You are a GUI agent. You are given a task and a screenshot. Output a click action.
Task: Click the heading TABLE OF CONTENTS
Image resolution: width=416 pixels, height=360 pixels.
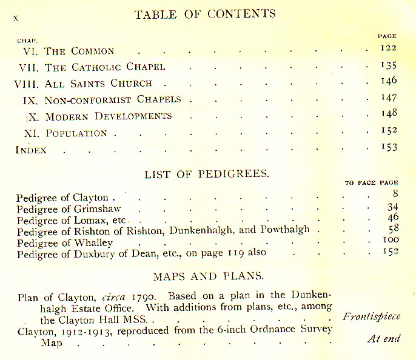[205, 14]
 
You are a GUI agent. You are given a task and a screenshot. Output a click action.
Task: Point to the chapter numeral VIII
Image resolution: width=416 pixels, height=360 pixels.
[26, 84]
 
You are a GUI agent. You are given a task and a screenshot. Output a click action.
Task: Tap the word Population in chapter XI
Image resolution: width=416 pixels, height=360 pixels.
[76, 133]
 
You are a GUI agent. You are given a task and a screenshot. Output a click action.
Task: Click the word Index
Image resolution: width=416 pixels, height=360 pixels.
[31, 150]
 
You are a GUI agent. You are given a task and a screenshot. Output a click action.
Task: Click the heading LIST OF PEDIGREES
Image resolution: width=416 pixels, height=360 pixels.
[207, 175]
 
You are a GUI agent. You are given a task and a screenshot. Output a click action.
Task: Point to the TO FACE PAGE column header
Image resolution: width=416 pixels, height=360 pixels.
[371, 182]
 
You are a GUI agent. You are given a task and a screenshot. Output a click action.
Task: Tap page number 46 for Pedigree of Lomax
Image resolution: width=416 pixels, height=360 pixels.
[392, 218]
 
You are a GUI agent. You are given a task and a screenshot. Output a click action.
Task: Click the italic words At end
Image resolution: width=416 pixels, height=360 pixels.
[384, 338]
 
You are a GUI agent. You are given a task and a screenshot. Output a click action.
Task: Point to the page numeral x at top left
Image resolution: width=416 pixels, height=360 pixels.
[16, 18]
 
